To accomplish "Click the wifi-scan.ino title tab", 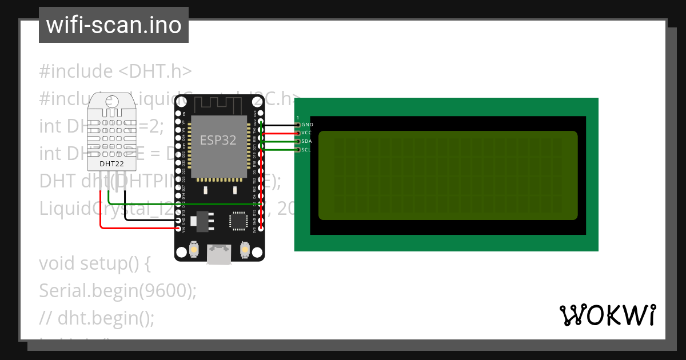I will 113,25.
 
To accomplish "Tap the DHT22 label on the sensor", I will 111,163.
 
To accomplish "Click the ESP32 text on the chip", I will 218,140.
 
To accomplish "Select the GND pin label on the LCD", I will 307,125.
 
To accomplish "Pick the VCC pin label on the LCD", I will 306,133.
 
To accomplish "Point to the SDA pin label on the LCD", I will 306,141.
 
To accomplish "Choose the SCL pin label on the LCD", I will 306,150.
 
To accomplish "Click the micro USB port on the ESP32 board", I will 220,254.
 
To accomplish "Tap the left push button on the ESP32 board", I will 194,250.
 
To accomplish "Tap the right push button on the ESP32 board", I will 245,250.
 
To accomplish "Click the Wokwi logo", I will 607,315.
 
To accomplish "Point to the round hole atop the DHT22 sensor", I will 111,101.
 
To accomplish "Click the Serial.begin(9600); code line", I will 118,291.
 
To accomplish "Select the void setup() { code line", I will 95,264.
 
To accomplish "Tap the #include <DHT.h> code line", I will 115,71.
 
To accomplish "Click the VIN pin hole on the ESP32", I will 179,228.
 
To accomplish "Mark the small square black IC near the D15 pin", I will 238,221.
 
